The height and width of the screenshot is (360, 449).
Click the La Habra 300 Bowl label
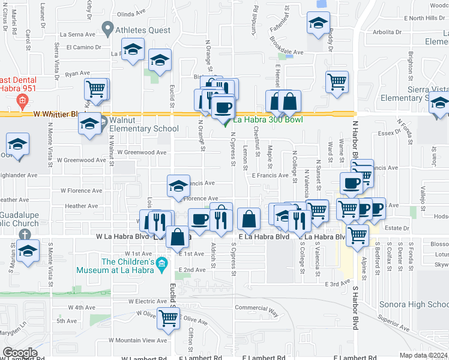coord(268,119)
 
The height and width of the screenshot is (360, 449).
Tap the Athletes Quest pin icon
coord(108,27)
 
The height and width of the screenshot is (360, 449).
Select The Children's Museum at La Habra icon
coord(161,263)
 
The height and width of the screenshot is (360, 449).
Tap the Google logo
coord(20,353)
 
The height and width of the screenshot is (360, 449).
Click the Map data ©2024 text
coord(424,355)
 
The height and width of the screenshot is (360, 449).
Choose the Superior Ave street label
coord(394,328)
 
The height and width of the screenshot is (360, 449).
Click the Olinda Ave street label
coord(132,14)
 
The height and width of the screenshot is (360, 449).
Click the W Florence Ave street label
coord(82,190)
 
